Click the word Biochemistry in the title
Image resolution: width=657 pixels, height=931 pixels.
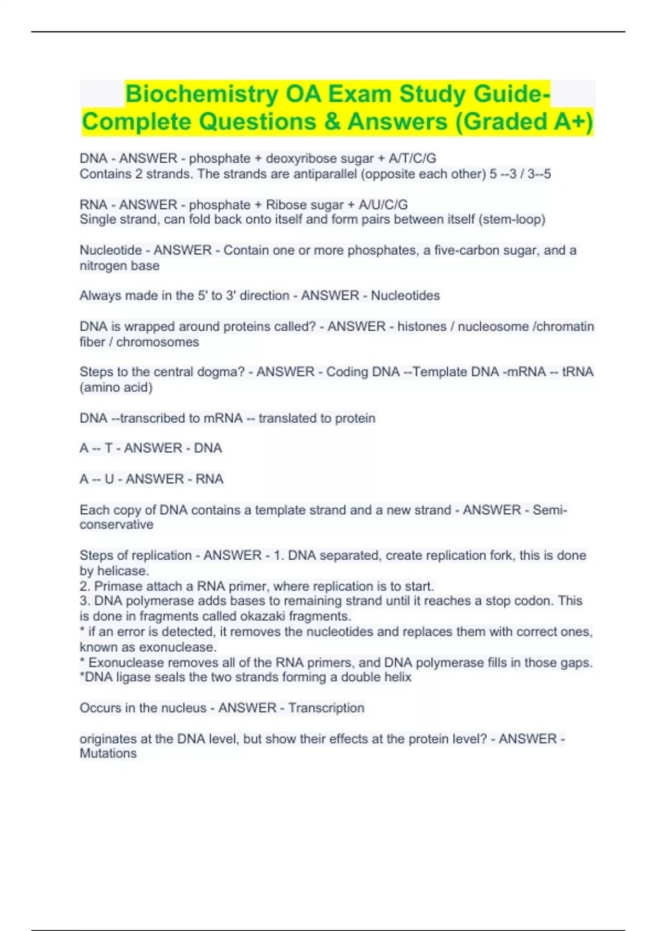pyautogui.click(x=201, y=94)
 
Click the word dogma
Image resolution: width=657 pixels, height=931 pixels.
pyautogui.click(x=222, y=372)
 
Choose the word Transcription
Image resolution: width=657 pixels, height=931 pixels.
pyautogui.click(x=326, y=708)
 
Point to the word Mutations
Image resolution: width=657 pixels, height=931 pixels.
pyautogui.click(x=108, y=754)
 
